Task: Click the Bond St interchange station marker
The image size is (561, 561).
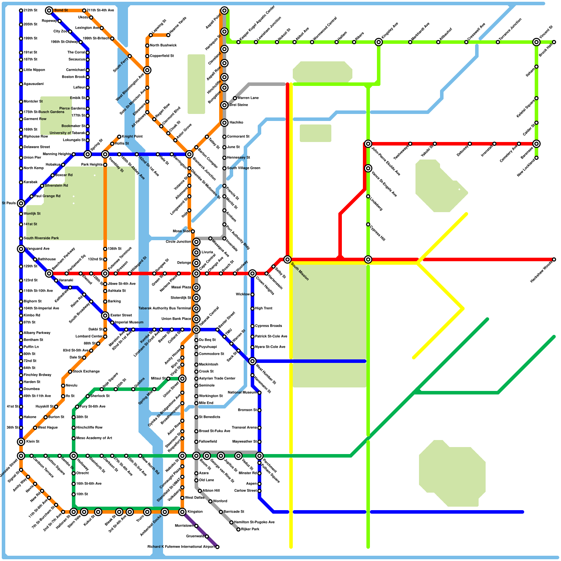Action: click(x=49, y=11)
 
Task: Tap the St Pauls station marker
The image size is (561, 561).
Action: click(x=21, y=203)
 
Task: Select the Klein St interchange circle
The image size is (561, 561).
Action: click(x=21, y=442)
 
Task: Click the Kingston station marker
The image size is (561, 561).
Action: click(x=182, y=512)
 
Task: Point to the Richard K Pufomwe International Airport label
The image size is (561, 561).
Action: click(x=181, y=547)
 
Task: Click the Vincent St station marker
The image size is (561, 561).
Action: click(x=536, y=42)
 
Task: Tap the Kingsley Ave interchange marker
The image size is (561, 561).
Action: click(x=379, y=42)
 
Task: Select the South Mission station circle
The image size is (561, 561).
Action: click(x=288, y=259)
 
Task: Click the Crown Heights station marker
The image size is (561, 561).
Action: click(x=252, y=273)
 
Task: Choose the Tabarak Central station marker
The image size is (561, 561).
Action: click(x=196, y=330)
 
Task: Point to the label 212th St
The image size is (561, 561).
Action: click(x=31, y=11)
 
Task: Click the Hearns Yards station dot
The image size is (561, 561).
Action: click(x=168, y=35)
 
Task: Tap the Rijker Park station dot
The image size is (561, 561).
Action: click(x=238, y=529)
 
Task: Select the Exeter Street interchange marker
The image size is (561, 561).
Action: click(x=105, y=316)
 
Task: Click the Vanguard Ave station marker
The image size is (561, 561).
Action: click(x=21, y=249)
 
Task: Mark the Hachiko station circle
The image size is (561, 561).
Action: click(x=224, y=123)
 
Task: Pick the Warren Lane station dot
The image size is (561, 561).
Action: click(x=235, y=98)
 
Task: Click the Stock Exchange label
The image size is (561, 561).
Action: click(x=86, y=372)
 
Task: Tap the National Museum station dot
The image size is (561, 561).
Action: click(x=259, y=393)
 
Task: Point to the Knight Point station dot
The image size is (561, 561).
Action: click(x=119, y=137)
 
